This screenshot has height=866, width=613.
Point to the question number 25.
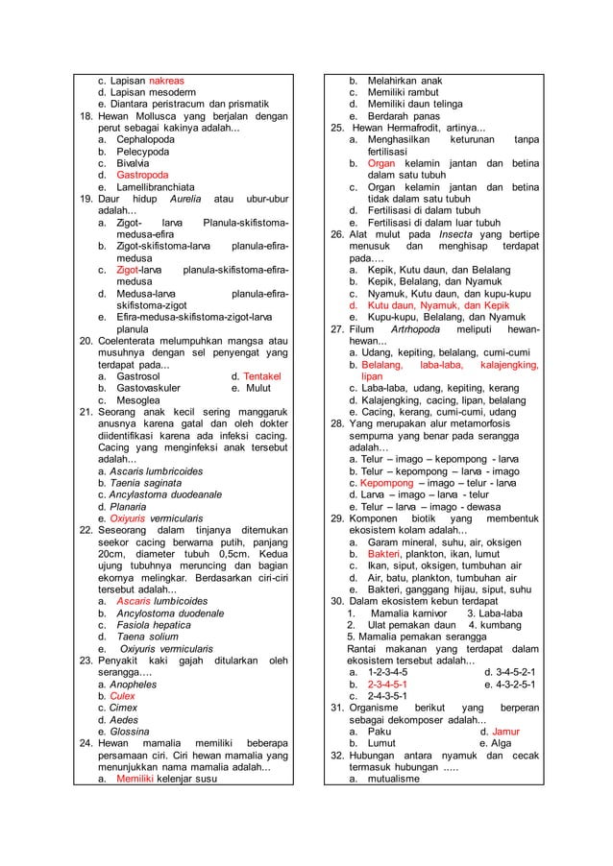point(337,128)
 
